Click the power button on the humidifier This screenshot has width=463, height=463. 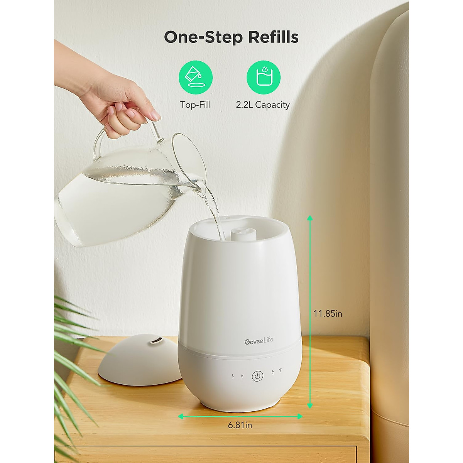point(258,376)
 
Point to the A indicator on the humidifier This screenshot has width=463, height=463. point(273,372)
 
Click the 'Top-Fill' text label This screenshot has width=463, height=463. point(195,105)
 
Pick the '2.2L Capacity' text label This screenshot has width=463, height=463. point(263,105)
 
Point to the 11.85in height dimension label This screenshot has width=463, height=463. point(328,313)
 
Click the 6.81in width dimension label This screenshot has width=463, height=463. point(240,425)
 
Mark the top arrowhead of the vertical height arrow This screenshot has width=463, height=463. point(309,218)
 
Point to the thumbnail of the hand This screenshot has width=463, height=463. point(155,115)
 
